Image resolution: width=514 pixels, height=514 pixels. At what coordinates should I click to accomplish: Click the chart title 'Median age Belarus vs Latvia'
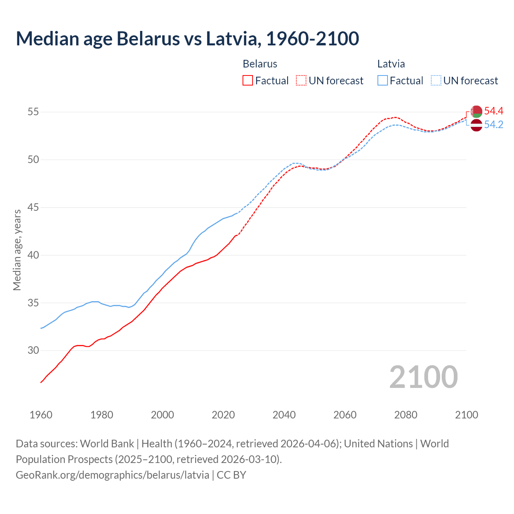click(187, 39)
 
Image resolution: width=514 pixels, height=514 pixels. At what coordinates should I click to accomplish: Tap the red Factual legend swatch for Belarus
click(248, 81)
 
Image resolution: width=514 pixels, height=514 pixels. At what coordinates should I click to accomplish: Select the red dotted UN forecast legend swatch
click(301, 81)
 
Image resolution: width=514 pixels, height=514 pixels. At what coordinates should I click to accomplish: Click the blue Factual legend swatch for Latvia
click(383, 81)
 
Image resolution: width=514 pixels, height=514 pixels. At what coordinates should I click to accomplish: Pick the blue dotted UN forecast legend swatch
click(436, 81)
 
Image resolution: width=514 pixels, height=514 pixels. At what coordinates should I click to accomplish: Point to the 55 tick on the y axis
click(33, 112)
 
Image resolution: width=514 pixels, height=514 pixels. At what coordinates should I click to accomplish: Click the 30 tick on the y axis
click(33, 351)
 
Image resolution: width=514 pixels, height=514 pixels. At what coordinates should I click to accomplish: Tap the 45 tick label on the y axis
click(33, 208)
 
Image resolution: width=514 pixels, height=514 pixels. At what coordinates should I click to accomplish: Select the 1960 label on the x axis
click(41, 415)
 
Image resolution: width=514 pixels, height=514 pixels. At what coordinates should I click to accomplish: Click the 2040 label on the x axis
click(284, 415)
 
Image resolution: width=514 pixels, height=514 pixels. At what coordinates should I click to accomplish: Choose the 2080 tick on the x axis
click(406, 415)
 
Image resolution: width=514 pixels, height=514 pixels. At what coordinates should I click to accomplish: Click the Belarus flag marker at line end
click(476, 111)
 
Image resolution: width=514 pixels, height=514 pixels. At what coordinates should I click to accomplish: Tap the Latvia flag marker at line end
click(476, 125)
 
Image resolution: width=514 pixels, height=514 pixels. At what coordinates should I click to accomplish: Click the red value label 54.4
click(494, 111)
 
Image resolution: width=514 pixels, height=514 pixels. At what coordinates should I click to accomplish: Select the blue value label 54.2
click(494, 125)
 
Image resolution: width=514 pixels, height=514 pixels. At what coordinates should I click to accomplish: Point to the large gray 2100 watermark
click(423, 377)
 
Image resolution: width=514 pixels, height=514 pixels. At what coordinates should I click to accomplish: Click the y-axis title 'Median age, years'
click(17, 250)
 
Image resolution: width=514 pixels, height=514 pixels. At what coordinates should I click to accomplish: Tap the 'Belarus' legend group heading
click(260, 64)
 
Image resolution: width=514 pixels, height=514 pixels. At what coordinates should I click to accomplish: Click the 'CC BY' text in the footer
click(231, 475)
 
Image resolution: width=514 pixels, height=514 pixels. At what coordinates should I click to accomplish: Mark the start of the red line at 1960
click(41, 382)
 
